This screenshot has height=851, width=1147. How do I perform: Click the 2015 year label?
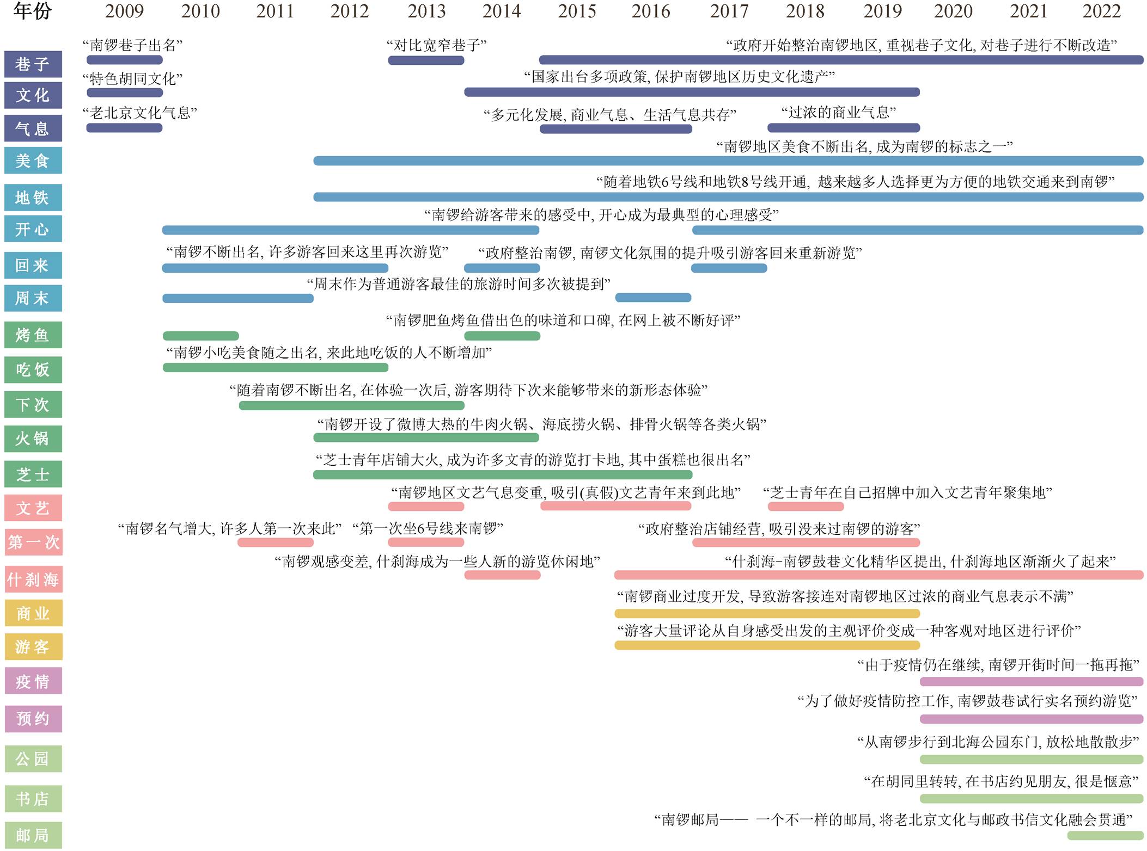pos(577,11)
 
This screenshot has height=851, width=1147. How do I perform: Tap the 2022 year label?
pos(1101,11)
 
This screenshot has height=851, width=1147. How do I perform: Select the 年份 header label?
pos(32,11)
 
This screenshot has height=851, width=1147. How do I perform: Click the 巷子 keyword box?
pos(33,64)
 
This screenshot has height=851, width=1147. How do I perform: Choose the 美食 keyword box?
pos(33,161)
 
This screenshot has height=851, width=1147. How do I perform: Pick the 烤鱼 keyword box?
pos(33,335)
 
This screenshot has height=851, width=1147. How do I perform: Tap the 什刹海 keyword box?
pos(33,579)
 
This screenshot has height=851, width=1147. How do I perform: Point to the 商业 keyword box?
pos(33,613)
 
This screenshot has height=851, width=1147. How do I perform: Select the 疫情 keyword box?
pos(33,681)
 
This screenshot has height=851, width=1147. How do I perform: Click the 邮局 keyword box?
pos(33,835)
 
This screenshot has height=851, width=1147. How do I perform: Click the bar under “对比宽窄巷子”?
pos(426,60)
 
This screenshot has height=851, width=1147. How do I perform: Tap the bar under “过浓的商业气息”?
pos(844,128)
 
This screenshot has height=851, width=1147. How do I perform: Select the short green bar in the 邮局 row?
pos(1105,835)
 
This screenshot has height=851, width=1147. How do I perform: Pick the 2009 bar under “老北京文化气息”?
pos(124,128)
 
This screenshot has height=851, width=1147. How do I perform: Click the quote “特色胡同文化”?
pos(132,79)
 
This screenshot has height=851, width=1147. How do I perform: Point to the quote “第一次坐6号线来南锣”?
pos(428,528)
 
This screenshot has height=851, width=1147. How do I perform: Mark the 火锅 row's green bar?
pos(426,438)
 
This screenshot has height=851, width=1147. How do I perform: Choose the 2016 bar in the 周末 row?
pos(653,298)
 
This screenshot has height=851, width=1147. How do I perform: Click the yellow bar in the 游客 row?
pos(767,645)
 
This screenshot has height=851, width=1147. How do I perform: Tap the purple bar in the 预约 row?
pos(1031,719)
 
